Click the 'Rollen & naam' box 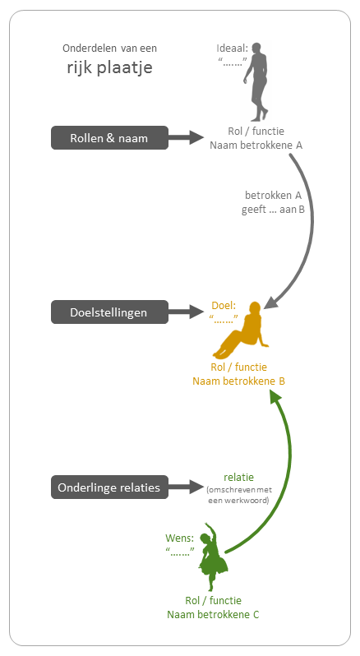coord(109,137)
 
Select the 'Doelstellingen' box coord(109,312)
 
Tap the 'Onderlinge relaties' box coord(109,487)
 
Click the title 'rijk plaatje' coord(109,67)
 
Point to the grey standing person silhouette coord(257,81)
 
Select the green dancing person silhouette coord(212,557)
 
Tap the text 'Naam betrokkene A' coord(256,146)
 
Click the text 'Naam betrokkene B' coord(238,381)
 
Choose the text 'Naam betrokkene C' coord(213,615)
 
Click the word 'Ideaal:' coord(232,49)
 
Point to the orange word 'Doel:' coord(224,306)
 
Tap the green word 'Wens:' coord(180,538)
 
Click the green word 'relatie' coord(238,478)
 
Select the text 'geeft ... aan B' coord(273,209)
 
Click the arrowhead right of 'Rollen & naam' coord(196,137)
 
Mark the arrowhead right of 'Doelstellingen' coord(196,312)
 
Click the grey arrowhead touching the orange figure coord(270,303)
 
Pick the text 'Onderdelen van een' coord(109,49)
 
